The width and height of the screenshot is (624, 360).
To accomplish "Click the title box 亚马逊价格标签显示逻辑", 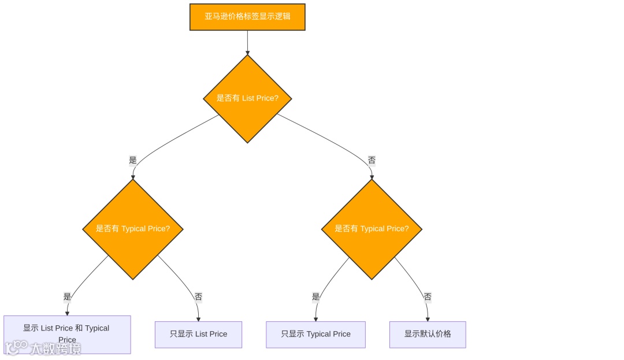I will (247, 17).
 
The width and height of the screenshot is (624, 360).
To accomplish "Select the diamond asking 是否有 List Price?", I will (247, 98).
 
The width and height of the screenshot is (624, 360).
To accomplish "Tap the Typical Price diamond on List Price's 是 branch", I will (133, 229).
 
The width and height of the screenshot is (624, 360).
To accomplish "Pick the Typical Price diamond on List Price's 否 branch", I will (372, 229).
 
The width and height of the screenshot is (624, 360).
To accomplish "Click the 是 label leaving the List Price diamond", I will (133, 160).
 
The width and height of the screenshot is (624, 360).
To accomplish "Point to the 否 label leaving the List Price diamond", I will (372, 160).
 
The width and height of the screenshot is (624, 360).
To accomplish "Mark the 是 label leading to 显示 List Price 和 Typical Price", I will (67, 296).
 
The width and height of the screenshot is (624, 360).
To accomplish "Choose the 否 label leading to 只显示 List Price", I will (198, 296).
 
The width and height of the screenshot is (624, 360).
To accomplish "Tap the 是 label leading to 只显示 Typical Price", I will (315, 296).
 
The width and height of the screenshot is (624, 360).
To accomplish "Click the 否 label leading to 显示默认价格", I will (428, 296).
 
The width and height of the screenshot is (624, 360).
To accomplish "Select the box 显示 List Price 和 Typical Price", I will (67, 334).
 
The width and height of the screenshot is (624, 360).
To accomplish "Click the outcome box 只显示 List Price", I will (198, 334).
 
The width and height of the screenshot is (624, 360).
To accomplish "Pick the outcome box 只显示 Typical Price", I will (315, 334).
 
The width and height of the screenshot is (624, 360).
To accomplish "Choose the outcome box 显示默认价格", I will (428, 334).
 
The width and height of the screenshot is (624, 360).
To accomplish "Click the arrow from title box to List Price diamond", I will (247, 42).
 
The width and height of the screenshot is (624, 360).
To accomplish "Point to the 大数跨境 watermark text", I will (55, 349).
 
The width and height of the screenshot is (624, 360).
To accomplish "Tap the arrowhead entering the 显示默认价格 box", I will (428, 319).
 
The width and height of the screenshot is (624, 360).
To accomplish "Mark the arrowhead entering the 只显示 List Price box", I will (198, 319).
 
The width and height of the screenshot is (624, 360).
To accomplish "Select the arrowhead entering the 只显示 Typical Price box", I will (315, 319).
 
